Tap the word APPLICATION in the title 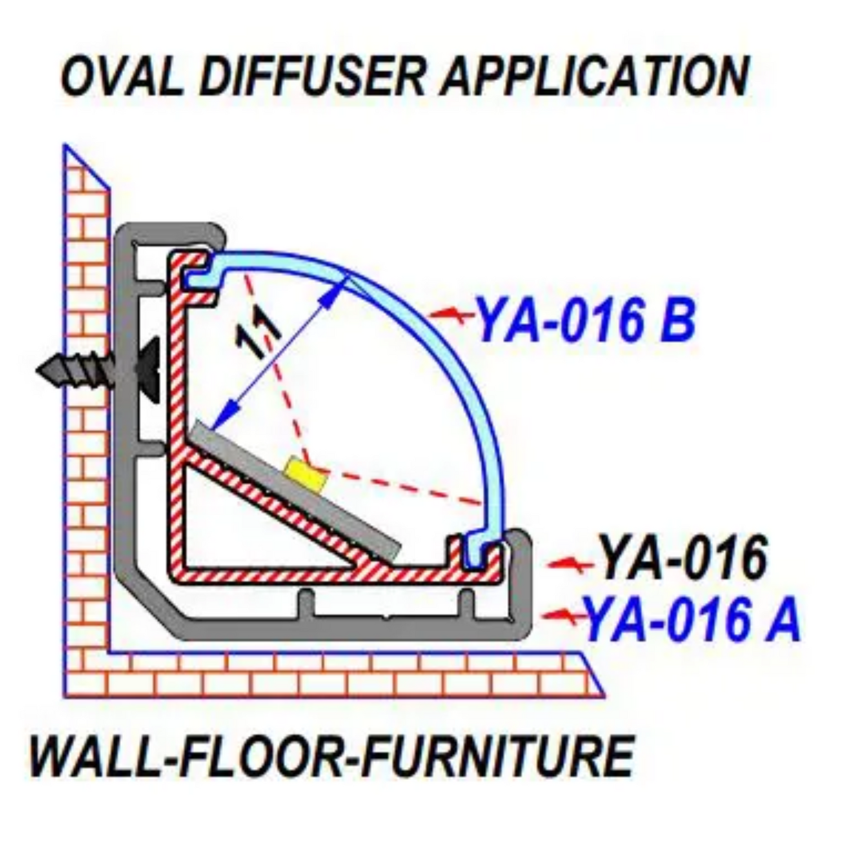(594, 76)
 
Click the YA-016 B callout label (585, 321)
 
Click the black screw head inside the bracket (149, 369)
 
